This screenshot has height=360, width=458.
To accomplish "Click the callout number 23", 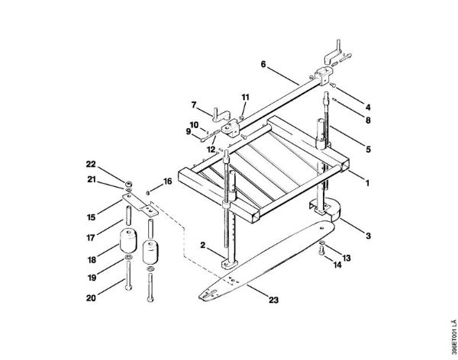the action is pyautogui.click(x=274, y=300).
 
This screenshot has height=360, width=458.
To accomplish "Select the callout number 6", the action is pyautogui.click(x=263, y=64).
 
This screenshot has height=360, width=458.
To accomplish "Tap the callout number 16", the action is pyautogui.click(x=167, y=182).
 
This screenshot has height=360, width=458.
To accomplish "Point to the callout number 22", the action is pyautogui.click(x=91, y=165).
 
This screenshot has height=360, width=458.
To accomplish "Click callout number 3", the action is pyautogui.click(x=369, y=236).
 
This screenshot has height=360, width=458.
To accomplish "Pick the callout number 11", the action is pyautogui.click(x=245, y=97).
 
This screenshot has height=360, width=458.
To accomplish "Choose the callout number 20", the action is pyautogui.click(x=91, y=298).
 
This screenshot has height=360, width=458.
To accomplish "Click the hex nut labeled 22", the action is pyautogui.click(x=128, y=184).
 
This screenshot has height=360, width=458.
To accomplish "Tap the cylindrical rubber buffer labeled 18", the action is pyautogui.click(x=128, y=241).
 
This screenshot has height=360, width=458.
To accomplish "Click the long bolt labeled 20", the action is pyautogui.click(x=128, y=275).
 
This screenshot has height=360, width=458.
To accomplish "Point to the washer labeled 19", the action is pyautogui.click(x=128, y=257).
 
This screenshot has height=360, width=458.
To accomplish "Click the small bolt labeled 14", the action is pyautogui.click(x=321, y=250).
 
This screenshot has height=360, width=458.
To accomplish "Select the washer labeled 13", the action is pyautogui.click(x=321, y=243).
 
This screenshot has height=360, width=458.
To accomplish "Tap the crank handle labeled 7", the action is pyautogui.click(x=221, y=114).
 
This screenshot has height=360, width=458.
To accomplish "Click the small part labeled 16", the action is pyautogui.click(x=148, y=192).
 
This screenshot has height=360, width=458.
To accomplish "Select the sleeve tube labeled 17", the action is pyautogui.click(x=128, y=216).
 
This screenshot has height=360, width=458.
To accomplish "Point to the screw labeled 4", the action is pyautogui.click(x=333, y=85).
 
